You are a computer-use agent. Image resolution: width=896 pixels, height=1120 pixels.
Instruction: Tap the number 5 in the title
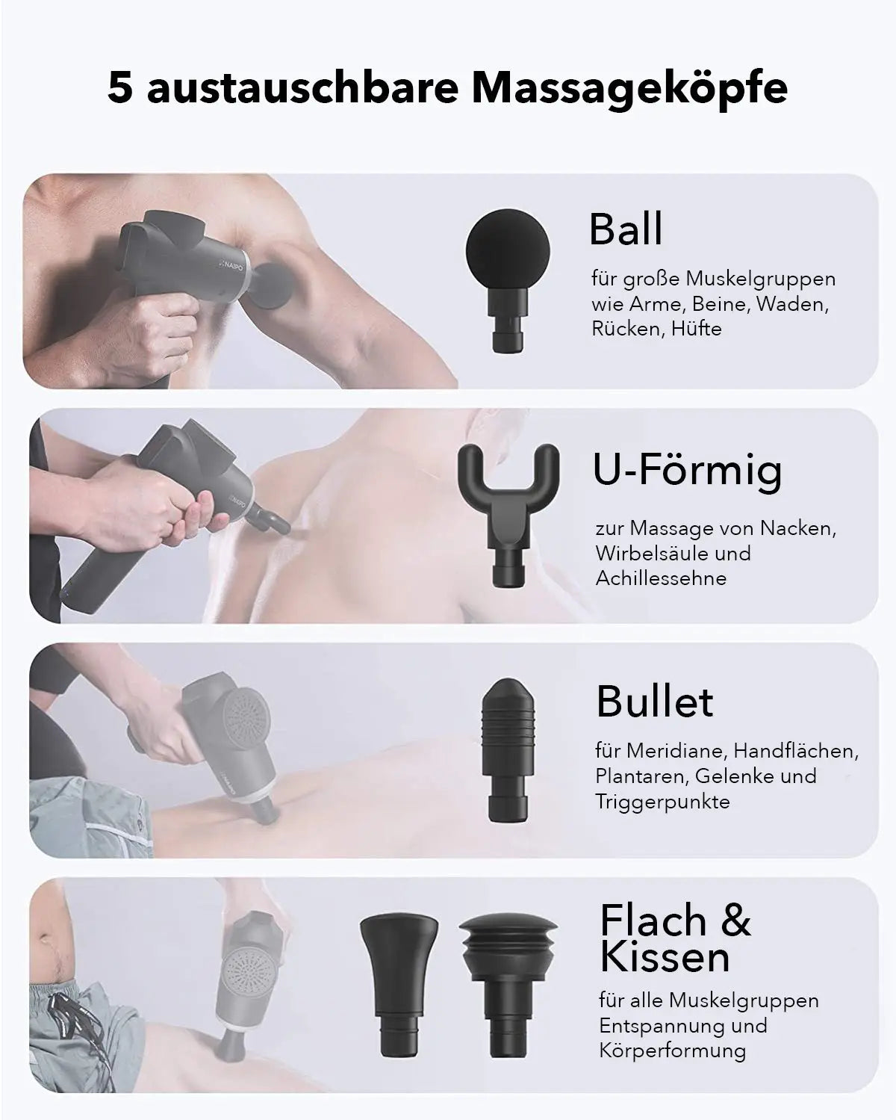(120, 88)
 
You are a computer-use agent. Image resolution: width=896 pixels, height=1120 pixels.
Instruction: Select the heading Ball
(626, 229)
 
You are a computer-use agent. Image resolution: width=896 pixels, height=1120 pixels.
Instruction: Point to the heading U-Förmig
(688, 470)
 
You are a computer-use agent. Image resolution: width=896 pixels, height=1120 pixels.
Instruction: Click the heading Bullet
(655, 702)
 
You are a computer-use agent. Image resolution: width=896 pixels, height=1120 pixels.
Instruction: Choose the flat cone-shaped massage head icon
(399, 979)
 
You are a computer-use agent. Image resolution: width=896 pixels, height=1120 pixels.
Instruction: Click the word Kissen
(665, 957)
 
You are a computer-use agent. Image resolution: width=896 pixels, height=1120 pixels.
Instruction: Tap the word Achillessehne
(661, 578)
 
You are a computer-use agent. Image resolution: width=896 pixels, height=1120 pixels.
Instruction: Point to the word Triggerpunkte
(662, 802)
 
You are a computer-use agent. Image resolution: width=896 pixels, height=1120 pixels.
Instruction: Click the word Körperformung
(672, 1051)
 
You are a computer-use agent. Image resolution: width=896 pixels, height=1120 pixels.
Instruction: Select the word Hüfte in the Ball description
(696, 329)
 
